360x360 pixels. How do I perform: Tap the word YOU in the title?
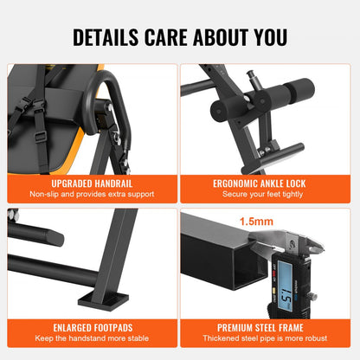pos(265,37)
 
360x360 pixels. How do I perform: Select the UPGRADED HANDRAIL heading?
pos(90,183)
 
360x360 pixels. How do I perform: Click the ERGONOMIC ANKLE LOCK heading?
pos(269,183)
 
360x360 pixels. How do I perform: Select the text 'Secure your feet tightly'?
pos(269,195)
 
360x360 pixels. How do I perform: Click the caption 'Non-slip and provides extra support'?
pos(90,195)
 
